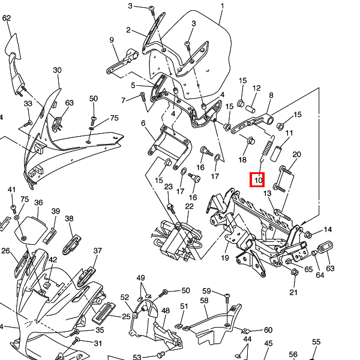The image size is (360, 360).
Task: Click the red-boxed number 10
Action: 258,179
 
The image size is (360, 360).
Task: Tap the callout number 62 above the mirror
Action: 7,19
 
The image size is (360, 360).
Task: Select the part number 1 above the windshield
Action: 222,7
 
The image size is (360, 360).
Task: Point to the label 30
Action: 57,70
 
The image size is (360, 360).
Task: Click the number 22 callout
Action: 189,206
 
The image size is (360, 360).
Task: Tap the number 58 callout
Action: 204,300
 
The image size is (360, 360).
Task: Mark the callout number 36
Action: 38,203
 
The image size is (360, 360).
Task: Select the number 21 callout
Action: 293,292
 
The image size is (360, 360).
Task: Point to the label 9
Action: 112,40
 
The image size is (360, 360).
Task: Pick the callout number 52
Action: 125,298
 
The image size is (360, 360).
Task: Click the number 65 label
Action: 308,269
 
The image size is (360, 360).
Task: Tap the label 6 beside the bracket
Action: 143,123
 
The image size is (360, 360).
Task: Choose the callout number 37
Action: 98,251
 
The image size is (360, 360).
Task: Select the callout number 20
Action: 296,155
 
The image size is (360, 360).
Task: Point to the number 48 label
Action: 165,311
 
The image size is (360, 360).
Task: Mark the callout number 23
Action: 169,187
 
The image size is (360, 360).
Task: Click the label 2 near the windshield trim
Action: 128,29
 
